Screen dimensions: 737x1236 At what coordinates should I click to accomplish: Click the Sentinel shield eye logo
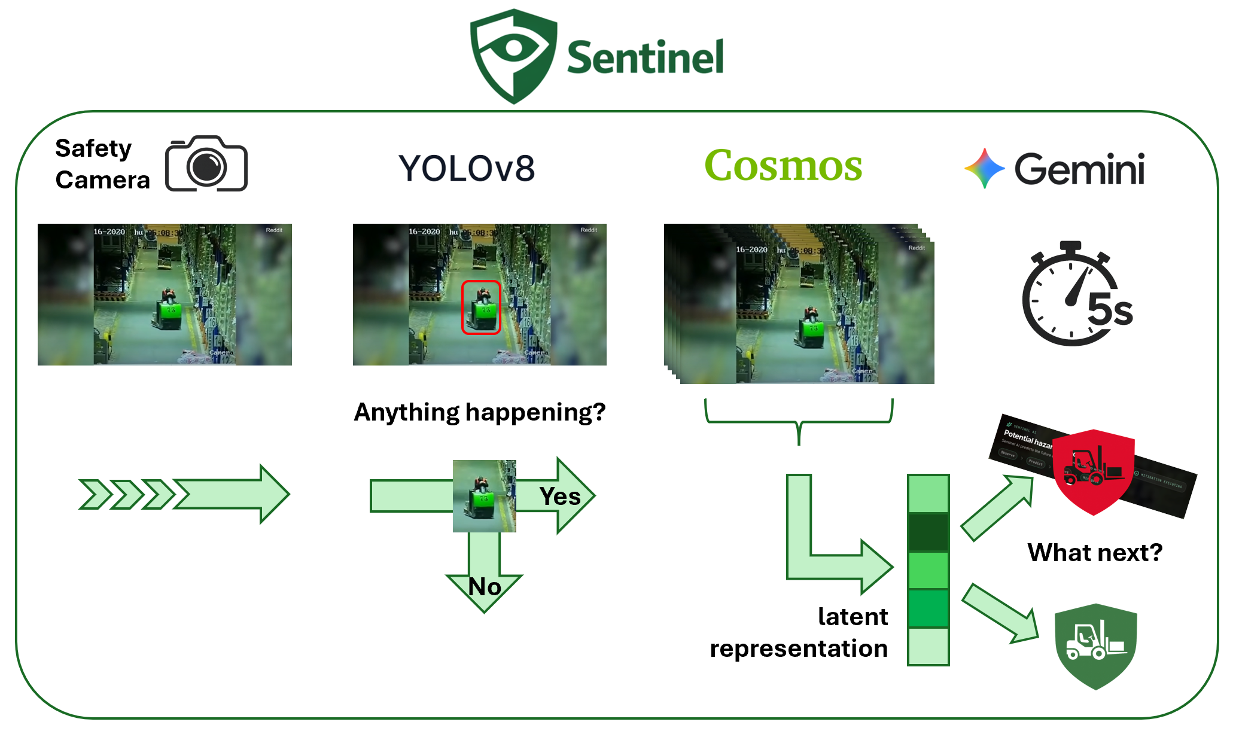pyautogui.click(x=513, y=55)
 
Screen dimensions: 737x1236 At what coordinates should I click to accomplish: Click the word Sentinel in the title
pyautogui.click(x=645, y=57)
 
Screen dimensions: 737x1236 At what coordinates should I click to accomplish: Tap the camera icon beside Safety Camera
pyautogui.click(x=206, y=164)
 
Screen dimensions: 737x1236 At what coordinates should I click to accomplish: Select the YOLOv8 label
pyautogui.click(x=467, y=168)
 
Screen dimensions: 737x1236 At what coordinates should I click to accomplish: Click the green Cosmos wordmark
pyautogui.click(x=783, y=165)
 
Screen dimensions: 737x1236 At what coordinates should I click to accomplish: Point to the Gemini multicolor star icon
pyautogui.click(x=984, y=169)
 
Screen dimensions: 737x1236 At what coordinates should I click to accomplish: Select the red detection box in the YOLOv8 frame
pyautogui.click(x=481, y=307)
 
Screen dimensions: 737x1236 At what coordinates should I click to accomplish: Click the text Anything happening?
pyautogui.click(x=480, y=412)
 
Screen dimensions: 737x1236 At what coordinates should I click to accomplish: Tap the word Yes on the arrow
pyautogui.click(x=560, y=497)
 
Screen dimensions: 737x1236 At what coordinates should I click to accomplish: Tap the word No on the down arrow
pyautogui.click(x=485, y=587)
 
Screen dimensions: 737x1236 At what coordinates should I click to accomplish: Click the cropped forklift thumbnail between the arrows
pyautogui.click(x=484, y=496)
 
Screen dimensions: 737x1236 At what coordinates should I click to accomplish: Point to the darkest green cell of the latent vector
pyautogui.click(x=928, y=532)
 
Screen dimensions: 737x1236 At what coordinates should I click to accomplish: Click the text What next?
pyautogui.click(x=1095, y=552)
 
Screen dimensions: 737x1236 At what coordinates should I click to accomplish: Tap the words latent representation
pyautogui.click(x=799, y=632)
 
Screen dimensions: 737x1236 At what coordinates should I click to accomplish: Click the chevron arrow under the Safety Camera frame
pyautogui.click(x=185, y=494)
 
